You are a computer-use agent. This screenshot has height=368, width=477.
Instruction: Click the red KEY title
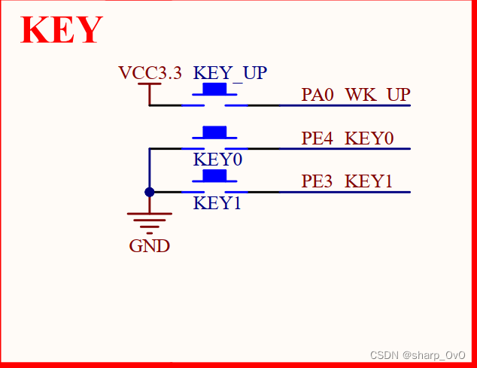click(x=62, y=30)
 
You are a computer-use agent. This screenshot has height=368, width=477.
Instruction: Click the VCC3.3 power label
click(x=150, y=73)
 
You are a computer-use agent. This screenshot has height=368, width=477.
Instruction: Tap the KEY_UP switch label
click(x=230, y=73)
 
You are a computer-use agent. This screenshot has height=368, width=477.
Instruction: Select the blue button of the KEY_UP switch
click(x=215, y=90)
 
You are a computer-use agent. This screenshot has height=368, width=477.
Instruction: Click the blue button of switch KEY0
click(x=215, y=132)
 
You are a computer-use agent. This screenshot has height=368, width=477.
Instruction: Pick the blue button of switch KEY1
click(x=215, y=175)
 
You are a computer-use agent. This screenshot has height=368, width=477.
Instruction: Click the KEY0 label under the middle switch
click(x=217, y=160)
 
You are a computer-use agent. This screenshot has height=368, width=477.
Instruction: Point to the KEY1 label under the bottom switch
click(x=217, y=202)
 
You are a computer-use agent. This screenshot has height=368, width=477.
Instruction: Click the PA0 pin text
click(x=317, y=95)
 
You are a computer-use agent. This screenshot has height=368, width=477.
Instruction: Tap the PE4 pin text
click(x=317, y=138)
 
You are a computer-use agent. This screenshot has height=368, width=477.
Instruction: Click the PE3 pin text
click(x=317, y=181)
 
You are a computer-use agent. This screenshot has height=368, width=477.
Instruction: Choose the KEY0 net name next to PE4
click(x=369, y=138)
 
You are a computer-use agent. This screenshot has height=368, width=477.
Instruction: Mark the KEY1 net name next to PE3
click(x=369, y=181)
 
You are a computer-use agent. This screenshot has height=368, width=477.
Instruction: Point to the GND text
click(x=149, y=246)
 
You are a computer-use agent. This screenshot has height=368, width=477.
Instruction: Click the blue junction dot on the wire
click(x=149, y=192)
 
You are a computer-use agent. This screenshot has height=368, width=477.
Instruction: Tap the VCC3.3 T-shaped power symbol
click(x=149, y=86)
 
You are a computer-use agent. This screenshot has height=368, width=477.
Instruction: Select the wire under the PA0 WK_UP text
click(x=346, y=105)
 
